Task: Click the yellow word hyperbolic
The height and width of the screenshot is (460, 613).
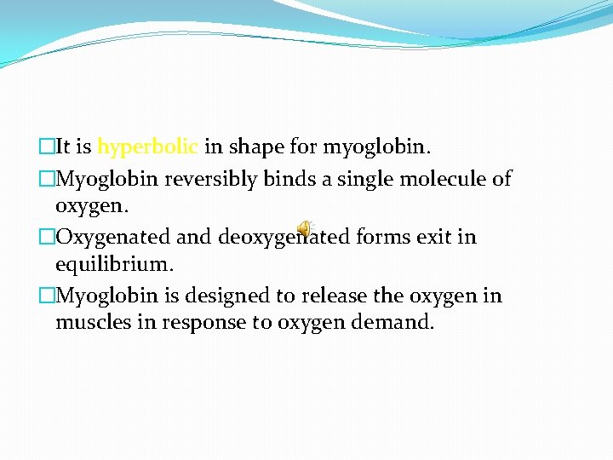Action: pos(148,147)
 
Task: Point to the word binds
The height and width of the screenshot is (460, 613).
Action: pos(266,178)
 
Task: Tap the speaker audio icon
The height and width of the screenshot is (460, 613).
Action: pos(305,226)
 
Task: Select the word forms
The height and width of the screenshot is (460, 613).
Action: pos(382,237)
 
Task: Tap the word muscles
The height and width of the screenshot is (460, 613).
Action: pos(89,324)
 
